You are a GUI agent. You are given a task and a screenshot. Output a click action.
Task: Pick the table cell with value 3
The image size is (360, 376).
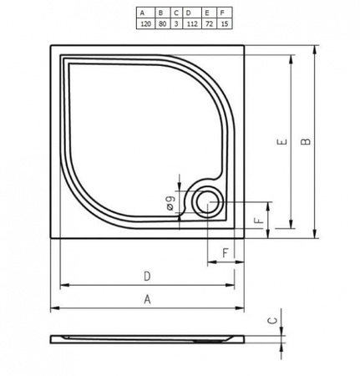(x=175, y=25)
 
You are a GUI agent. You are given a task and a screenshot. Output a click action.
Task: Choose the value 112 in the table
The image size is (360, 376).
(x=191, y=25)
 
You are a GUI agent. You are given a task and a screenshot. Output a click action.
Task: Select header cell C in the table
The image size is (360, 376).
(x=175, y=13)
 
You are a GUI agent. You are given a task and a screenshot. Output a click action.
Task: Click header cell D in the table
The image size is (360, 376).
(x=191, y=13)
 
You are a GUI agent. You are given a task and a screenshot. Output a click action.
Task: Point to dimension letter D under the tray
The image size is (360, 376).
(x=147, y=277)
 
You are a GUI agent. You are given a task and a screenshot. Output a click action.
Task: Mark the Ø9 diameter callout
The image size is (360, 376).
(x=170, y=201)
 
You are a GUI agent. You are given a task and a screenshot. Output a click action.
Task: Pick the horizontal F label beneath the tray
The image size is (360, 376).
(x=226, y=252)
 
